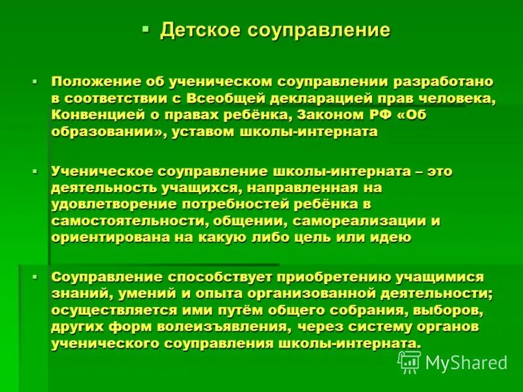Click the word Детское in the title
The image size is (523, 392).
199,30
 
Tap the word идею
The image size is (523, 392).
392,237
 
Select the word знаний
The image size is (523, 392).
74,294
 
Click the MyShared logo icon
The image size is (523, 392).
409,361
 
